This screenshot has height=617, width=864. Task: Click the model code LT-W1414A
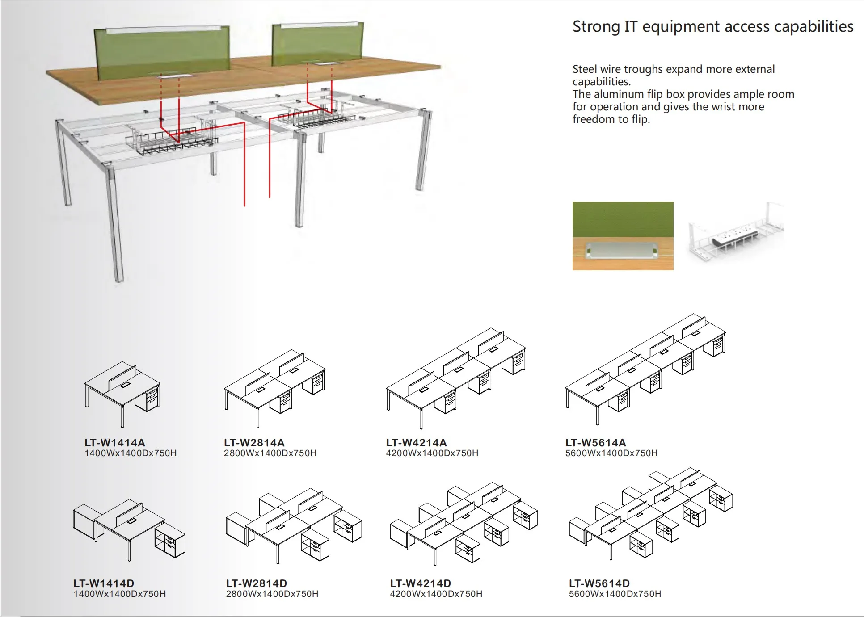pyautogui.click(x=114, y=442)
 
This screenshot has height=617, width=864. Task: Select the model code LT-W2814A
pyautogui.click(x=254, y=442)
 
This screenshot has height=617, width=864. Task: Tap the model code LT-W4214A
pyautogui.click(x=416, y=442)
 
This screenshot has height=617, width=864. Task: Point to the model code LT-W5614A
pyautogui.click(x=595, y=442)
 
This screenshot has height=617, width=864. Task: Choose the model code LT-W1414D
pyautogui.click(x=104, y=583)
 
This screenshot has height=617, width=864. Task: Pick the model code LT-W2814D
pyautogui.click(x=257, y=583)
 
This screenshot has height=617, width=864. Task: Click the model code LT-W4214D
pyautogui.click(x=420, y=583)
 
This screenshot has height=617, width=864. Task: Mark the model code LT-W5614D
pyautogui.click(x=599, y=583)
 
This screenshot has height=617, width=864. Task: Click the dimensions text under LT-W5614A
pyautogui.click(x=611, y=453)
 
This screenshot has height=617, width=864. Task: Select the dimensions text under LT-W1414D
pyautogui.click(x=119, y=594)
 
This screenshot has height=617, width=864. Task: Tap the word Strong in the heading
pyautogui.click(x=596, y=27)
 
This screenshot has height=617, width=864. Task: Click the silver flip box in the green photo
pyautogui.click(x=622, y=251)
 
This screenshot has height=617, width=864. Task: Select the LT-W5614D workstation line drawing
pyautogui.click(x=650, y=514)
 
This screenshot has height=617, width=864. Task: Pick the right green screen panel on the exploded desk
pyautogui.click(x=317, y=43)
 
